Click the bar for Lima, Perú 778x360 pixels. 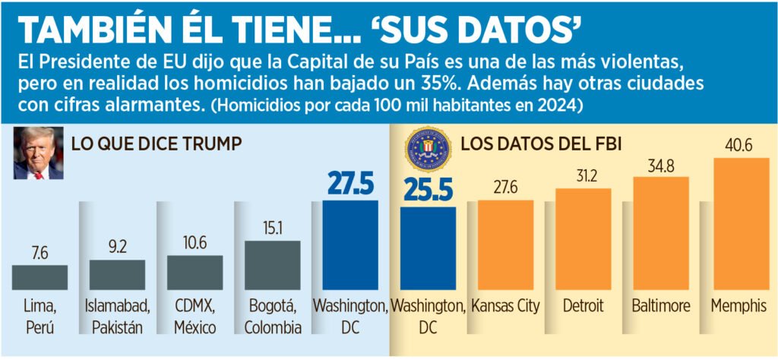point(40,277)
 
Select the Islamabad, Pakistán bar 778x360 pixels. point(117,274)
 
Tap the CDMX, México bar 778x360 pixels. point(194,272)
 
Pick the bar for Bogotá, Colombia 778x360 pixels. point(272,265)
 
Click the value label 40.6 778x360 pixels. point(738,145)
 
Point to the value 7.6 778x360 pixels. point(40,253)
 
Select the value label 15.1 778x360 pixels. point(272,229)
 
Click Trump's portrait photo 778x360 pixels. point(38,153)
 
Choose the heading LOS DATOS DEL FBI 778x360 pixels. point(541,142)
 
